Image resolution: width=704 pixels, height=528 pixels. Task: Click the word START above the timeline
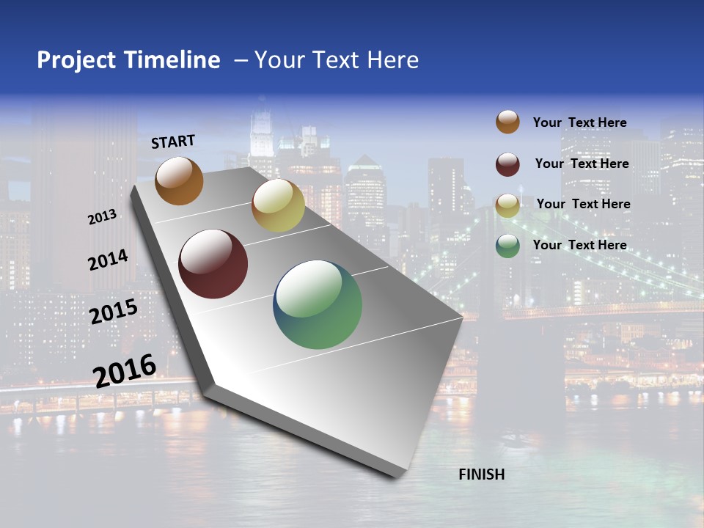click(x=173, y=142)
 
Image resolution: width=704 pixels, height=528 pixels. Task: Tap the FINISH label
click(x=482, y=474)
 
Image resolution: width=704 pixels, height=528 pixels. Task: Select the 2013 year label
click(x=102, y=217)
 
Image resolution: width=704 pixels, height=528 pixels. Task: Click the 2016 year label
click(x=125, y=370)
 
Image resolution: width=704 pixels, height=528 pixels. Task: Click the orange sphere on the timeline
click(x=179, y=180)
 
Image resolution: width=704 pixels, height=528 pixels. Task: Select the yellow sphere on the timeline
click(x=278, y=205)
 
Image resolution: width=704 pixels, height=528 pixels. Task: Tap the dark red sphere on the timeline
click(x=213, y=264)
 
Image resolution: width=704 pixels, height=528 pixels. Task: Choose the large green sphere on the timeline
click(x=318, y=304)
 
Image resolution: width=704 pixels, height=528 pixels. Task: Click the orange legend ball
click(x=507, y=122)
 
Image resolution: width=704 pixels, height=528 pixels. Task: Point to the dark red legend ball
click(x=507, y=164)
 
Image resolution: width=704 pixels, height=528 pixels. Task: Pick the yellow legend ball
click(x=507, y=205)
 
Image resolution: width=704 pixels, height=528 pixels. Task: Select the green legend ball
click(x=507, y=246)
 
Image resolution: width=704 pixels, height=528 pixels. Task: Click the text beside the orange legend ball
click(x=579, y=122)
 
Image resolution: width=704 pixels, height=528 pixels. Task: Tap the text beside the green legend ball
click(x=579, y=245)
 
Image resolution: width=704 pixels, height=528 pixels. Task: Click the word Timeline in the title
click(x=172, y=60)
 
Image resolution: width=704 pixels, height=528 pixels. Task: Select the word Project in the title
click(x=76, y=60)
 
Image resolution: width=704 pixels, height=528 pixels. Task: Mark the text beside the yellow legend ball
click(x=583, y=204)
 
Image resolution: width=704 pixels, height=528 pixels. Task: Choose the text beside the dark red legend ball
click(x=582, y=164)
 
